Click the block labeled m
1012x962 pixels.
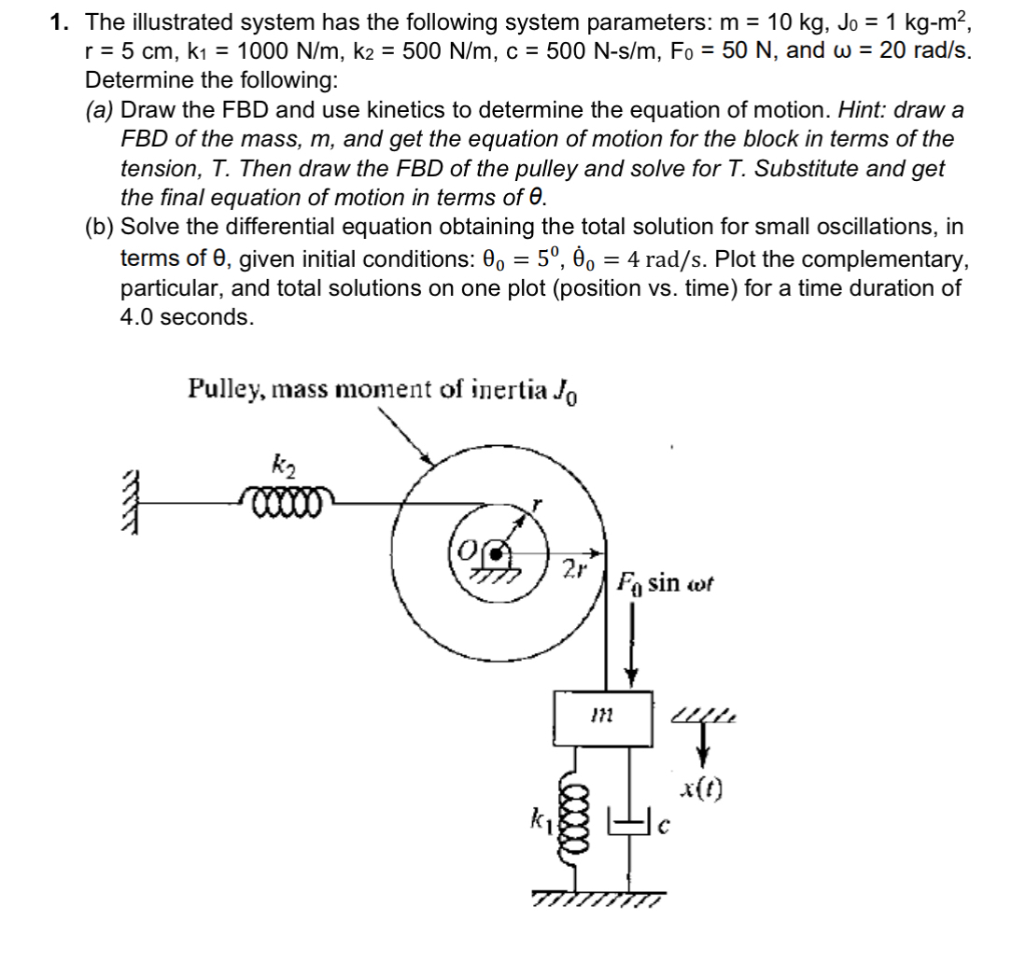point(602,718)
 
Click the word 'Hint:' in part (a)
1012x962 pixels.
point(863,110)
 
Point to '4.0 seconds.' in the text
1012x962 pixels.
point(187,316)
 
